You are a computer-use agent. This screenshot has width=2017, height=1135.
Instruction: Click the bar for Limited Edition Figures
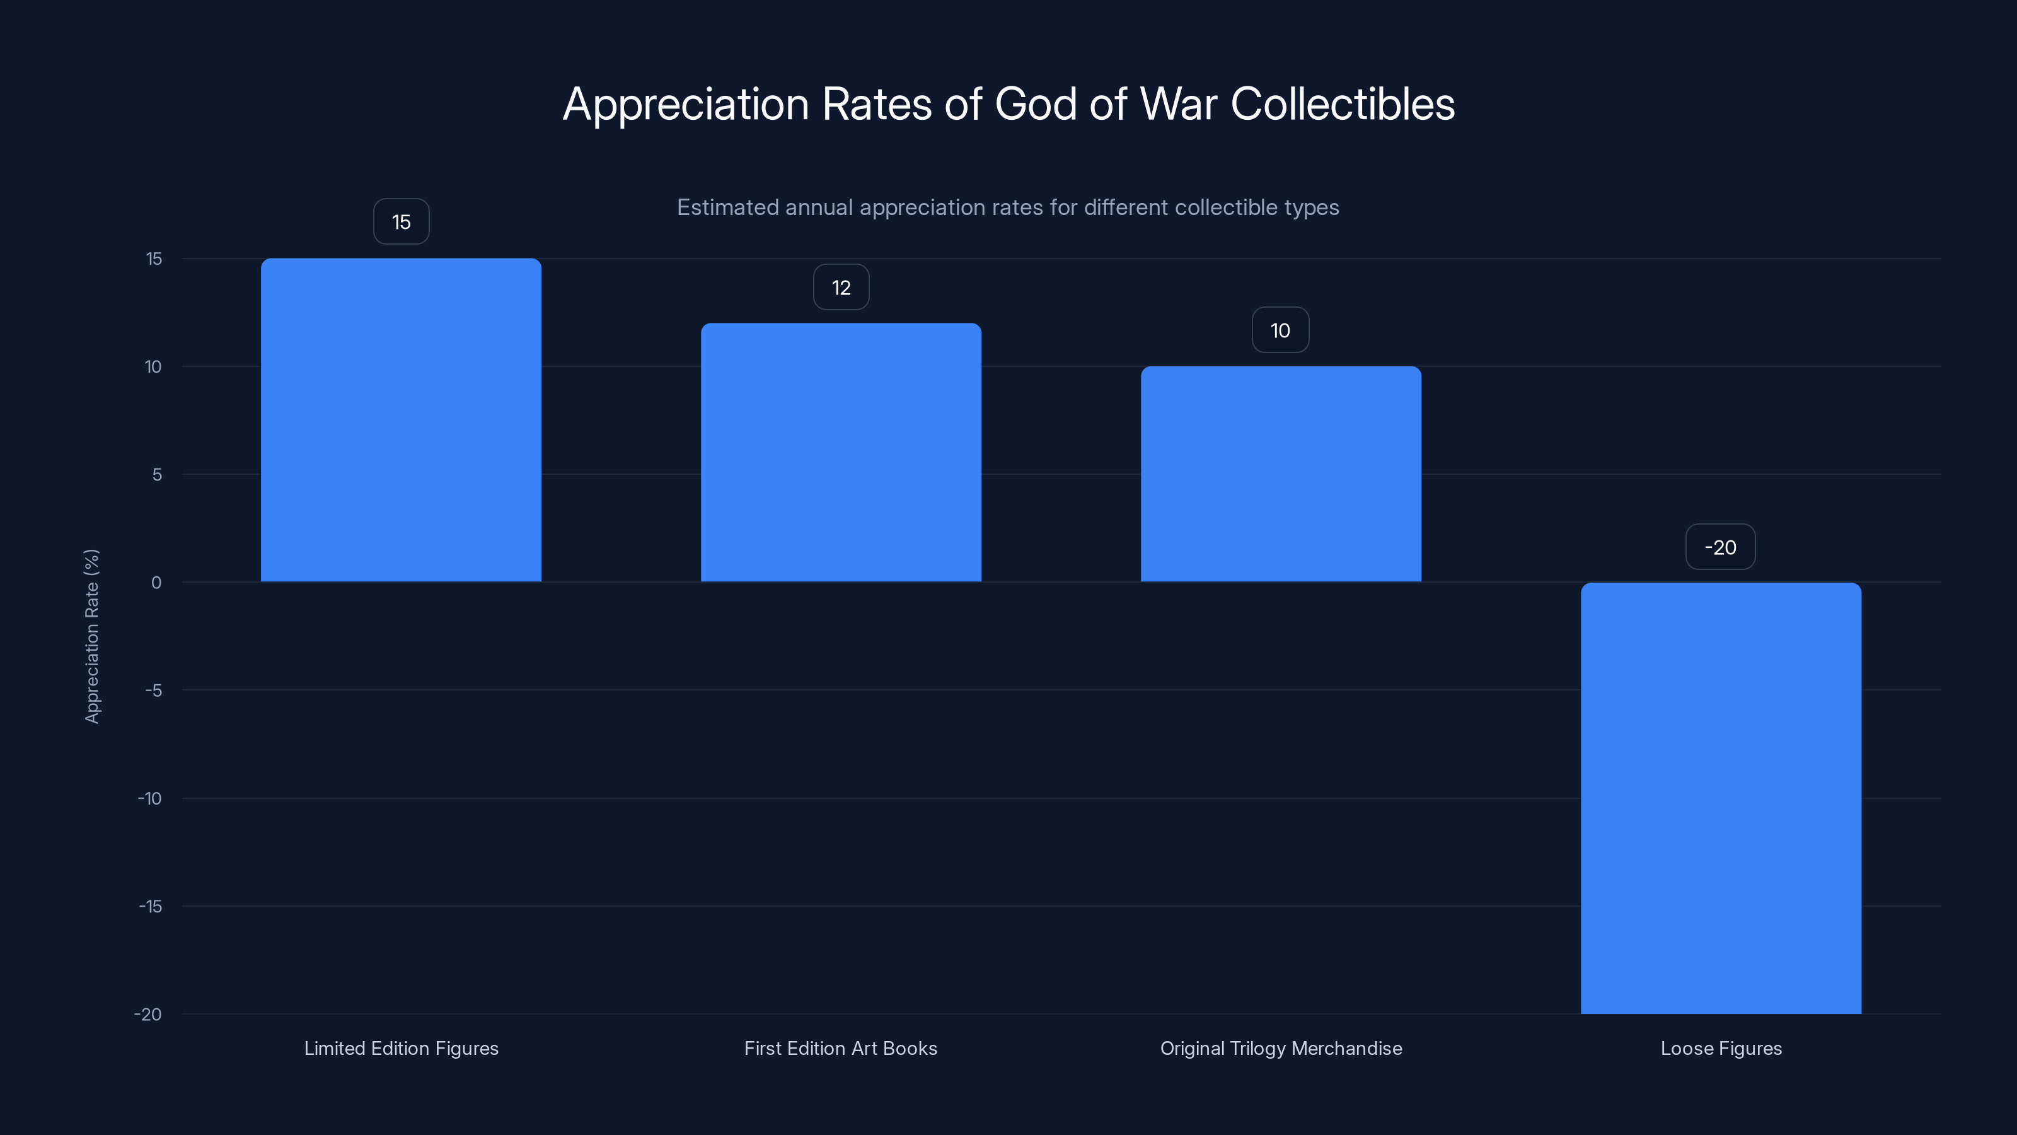[x=401, y=420]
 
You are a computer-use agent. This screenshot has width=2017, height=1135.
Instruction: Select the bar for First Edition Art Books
[x=840, y=452]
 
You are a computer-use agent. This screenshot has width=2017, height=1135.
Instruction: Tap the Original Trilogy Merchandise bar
[x=1280, y=474]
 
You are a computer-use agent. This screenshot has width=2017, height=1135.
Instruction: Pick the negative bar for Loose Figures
[x=1720, y=798]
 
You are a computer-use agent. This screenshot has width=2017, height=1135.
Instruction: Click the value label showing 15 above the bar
[x=401, y=222]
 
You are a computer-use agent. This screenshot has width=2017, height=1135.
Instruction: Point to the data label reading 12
[x=841, y=288]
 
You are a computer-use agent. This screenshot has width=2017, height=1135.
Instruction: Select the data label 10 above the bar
[x=1280, y=330]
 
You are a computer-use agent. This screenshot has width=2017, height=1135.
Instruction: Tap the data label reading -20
[x=1720, y=547]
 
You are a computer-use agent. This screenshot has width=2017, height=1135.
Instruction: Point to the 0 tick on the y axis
[x=156, y=583]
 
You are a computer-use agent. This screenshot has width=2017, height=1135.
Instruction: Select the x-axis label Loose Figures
[x=1720, y=1048]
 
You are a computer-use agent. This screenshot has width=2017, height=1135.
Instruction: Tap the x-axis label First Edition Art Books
[x=840, y=1048]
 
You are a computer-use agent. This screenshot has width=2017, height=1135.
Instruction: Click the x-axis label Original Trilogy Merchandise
[x=1280, y=1048]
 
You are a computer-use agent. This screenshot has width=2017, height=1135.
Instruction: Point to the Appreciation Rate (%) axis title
[x=91, y=636]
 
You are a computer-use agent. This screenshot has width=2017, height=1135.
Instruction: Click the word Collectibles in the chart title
[x=1342, y=103]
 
